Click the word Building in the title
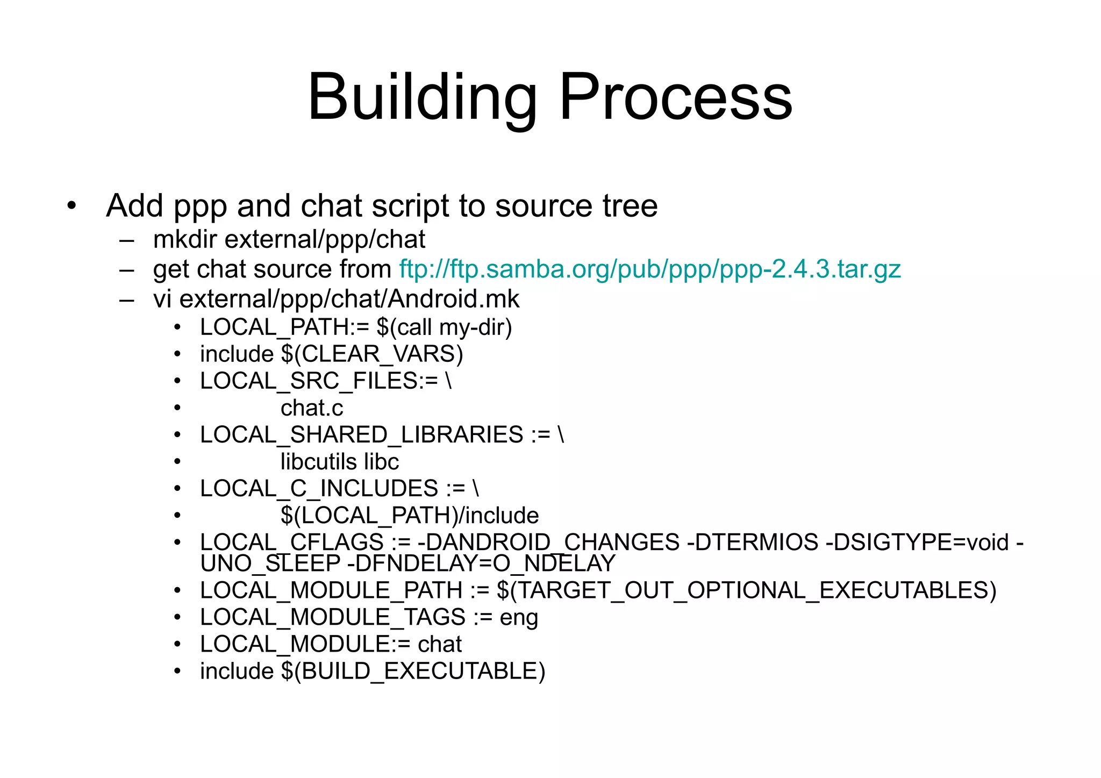422,98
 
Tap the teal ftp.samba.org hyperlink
649,269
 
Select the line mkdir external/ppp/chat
289,239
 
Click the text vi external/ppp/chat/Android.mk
336,299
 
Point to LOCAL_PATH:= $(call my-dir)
356,327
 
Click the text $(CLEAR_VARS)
372,354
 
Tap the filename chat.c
311,408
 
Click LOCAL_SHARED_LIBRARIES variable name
361,434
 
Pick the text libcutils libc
339,462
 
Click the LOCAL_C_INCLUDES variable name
319,488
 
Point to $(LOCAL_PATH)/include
409,515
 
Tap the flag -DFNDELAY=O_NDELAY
481,563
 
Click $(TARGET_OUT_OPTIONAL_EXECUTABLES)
746,590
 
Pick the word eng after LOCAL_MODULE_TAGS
518,618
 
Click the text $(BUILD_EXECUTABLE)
413,671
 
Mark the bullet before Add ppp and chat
72,206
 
